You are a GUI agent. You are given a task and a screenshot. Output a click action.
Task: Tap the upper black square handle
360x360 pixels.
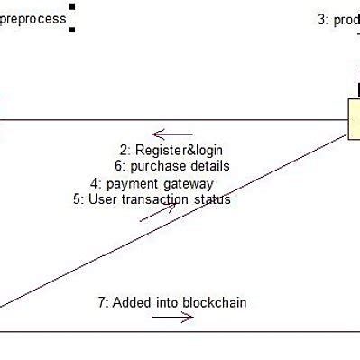(x=72, y=7)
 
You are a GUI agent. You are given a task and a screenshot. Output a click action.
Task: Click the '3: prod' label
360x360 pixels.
(x=338, y=20)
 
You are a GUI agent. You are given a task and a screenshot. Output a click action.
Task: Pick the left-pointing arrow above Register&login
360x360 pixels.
(x=170, y=133)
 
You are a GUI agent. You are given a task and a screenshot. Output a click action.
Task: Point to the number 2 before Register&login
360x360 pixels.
(x=124, y=150)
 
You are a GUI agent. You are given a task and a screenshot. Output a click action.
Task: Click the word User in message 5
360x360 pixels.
(x=102, y=199)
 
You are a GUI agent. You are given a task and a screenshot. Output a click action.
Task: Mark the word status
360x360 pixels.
(x=212, y=199)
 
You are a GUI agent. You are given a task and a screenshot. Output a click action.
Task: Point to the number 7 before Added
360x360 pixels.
(x=101, y=302)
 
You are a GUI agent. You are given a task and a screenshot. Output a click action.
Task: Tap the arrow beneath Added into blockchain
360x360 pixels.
(x=173, y=318)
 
